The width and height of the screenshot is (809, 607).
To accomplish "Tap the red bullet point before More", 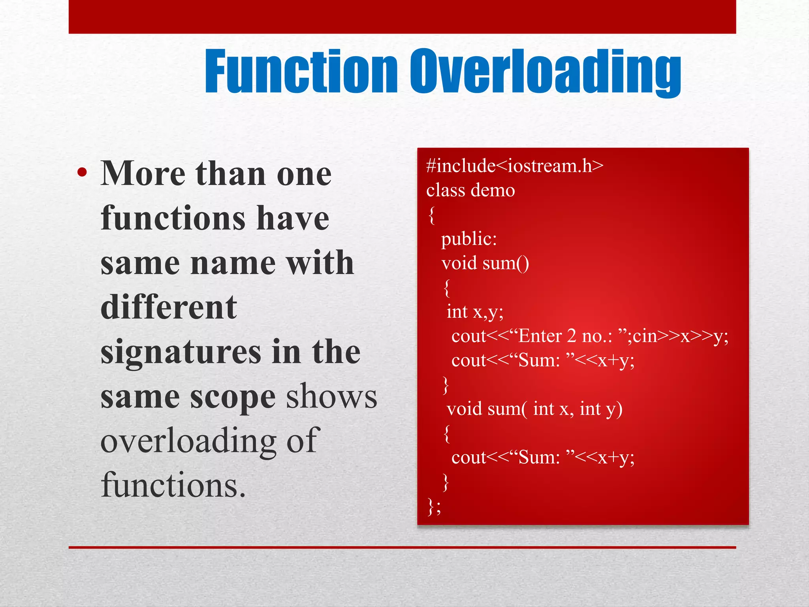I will pyautogui.click(x=82, y=172).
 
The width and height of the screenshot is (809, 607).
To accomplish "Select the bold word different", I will pyautogui.click(x=169, y=307).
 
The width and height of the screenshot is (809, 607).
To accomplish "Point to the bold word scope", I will pyautogui.click(x=233, y=397).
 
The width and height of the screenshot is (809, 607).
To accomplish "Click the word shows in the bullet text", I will pyautogui.click(x=331, y=397).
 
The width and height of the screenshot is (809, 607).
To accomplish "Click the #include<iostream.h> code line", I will pyautogui.click(x=515, y=166).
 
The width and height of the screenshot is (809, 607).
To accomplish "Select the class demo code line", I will pyautogui.click(x=470, y=190).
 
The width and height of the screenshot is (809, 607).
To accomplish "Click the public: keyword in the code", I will pyautogui.click(x=469, y=239).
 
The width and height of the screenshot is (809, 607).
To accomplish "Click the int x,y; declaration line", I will pyautogui.click(x=475, y=312).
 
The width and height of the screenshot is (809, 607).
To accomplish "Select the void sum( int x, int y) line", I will pyautogui.click(x=534, y=409).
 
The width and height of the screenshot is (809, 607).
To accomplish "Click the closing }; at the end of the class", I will pyautogui.click(x=434, y=507).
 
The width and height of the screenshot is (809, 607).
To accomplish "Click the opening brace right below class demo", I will pyautogui.click(x=432, y=216).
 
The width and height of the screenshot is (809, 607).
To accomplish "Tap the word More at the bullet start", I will pyautogui.click(x=143, y=174).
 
